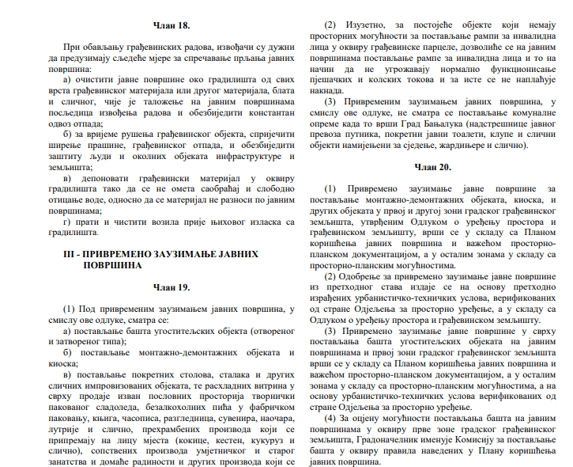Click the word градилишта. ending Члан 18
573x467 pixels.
click(x=69, y=233)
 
